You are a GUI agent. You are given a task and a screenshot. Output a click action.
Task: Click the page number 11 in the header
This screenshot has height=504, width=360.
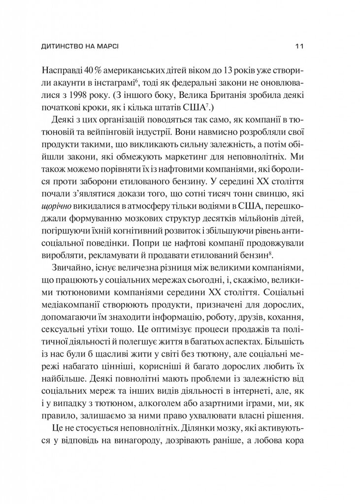(299, 47)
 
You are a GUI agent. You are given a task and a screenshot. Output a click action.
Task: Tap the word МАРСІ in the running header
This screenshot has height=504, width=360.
(112, 47)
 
